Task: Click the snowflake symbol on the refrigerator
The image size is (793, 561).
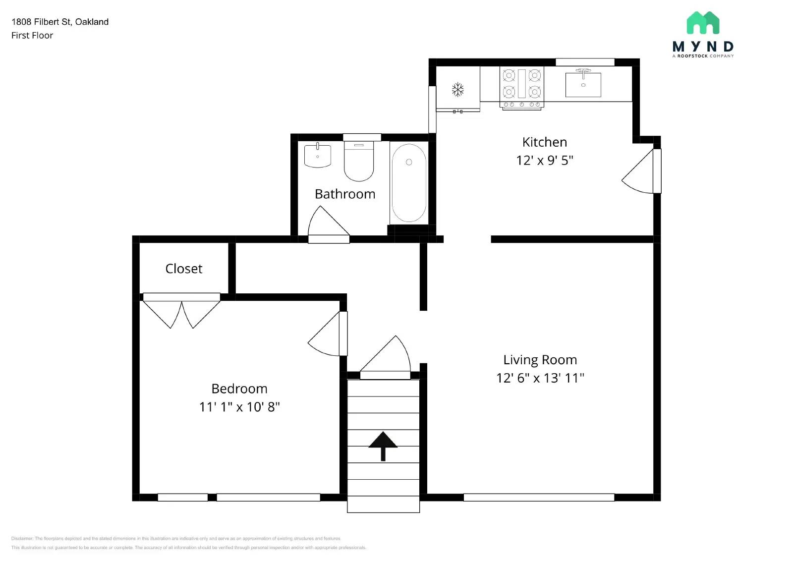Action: [x=457, y=90]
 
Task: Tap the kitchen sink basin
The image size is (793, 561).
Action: [x=583, y=85]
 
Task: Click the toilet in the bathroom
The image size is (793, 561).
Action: [x=359, y=162]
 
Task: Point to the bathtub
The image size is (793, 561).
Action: [x=408, y=182]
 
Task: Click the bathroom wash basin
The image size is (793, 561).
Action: [x=317, y=155]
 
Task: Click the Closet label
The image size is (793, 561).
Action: [x=183, y=269]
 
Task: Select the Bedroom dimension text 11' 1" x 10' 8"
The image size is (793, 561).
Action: [x=239, y=407]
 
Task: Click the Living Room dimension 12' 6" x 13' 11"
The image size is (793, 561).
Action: [x=540, y=378]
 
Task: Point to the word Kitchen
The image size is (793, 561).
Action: [x=544, y=142]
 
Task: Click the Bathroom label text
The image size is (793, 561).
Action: [x=345, y=194]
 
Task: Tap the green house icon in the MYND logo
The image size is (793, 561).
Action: [x=703, y=23]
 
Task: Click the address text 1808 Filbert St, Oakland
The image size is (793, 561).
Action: [x=60, y=22]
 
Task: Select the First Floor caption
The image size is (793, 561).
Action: [x=32, y=35]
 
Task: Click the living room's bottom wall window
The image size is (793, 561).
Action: [x=539, y=497]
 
